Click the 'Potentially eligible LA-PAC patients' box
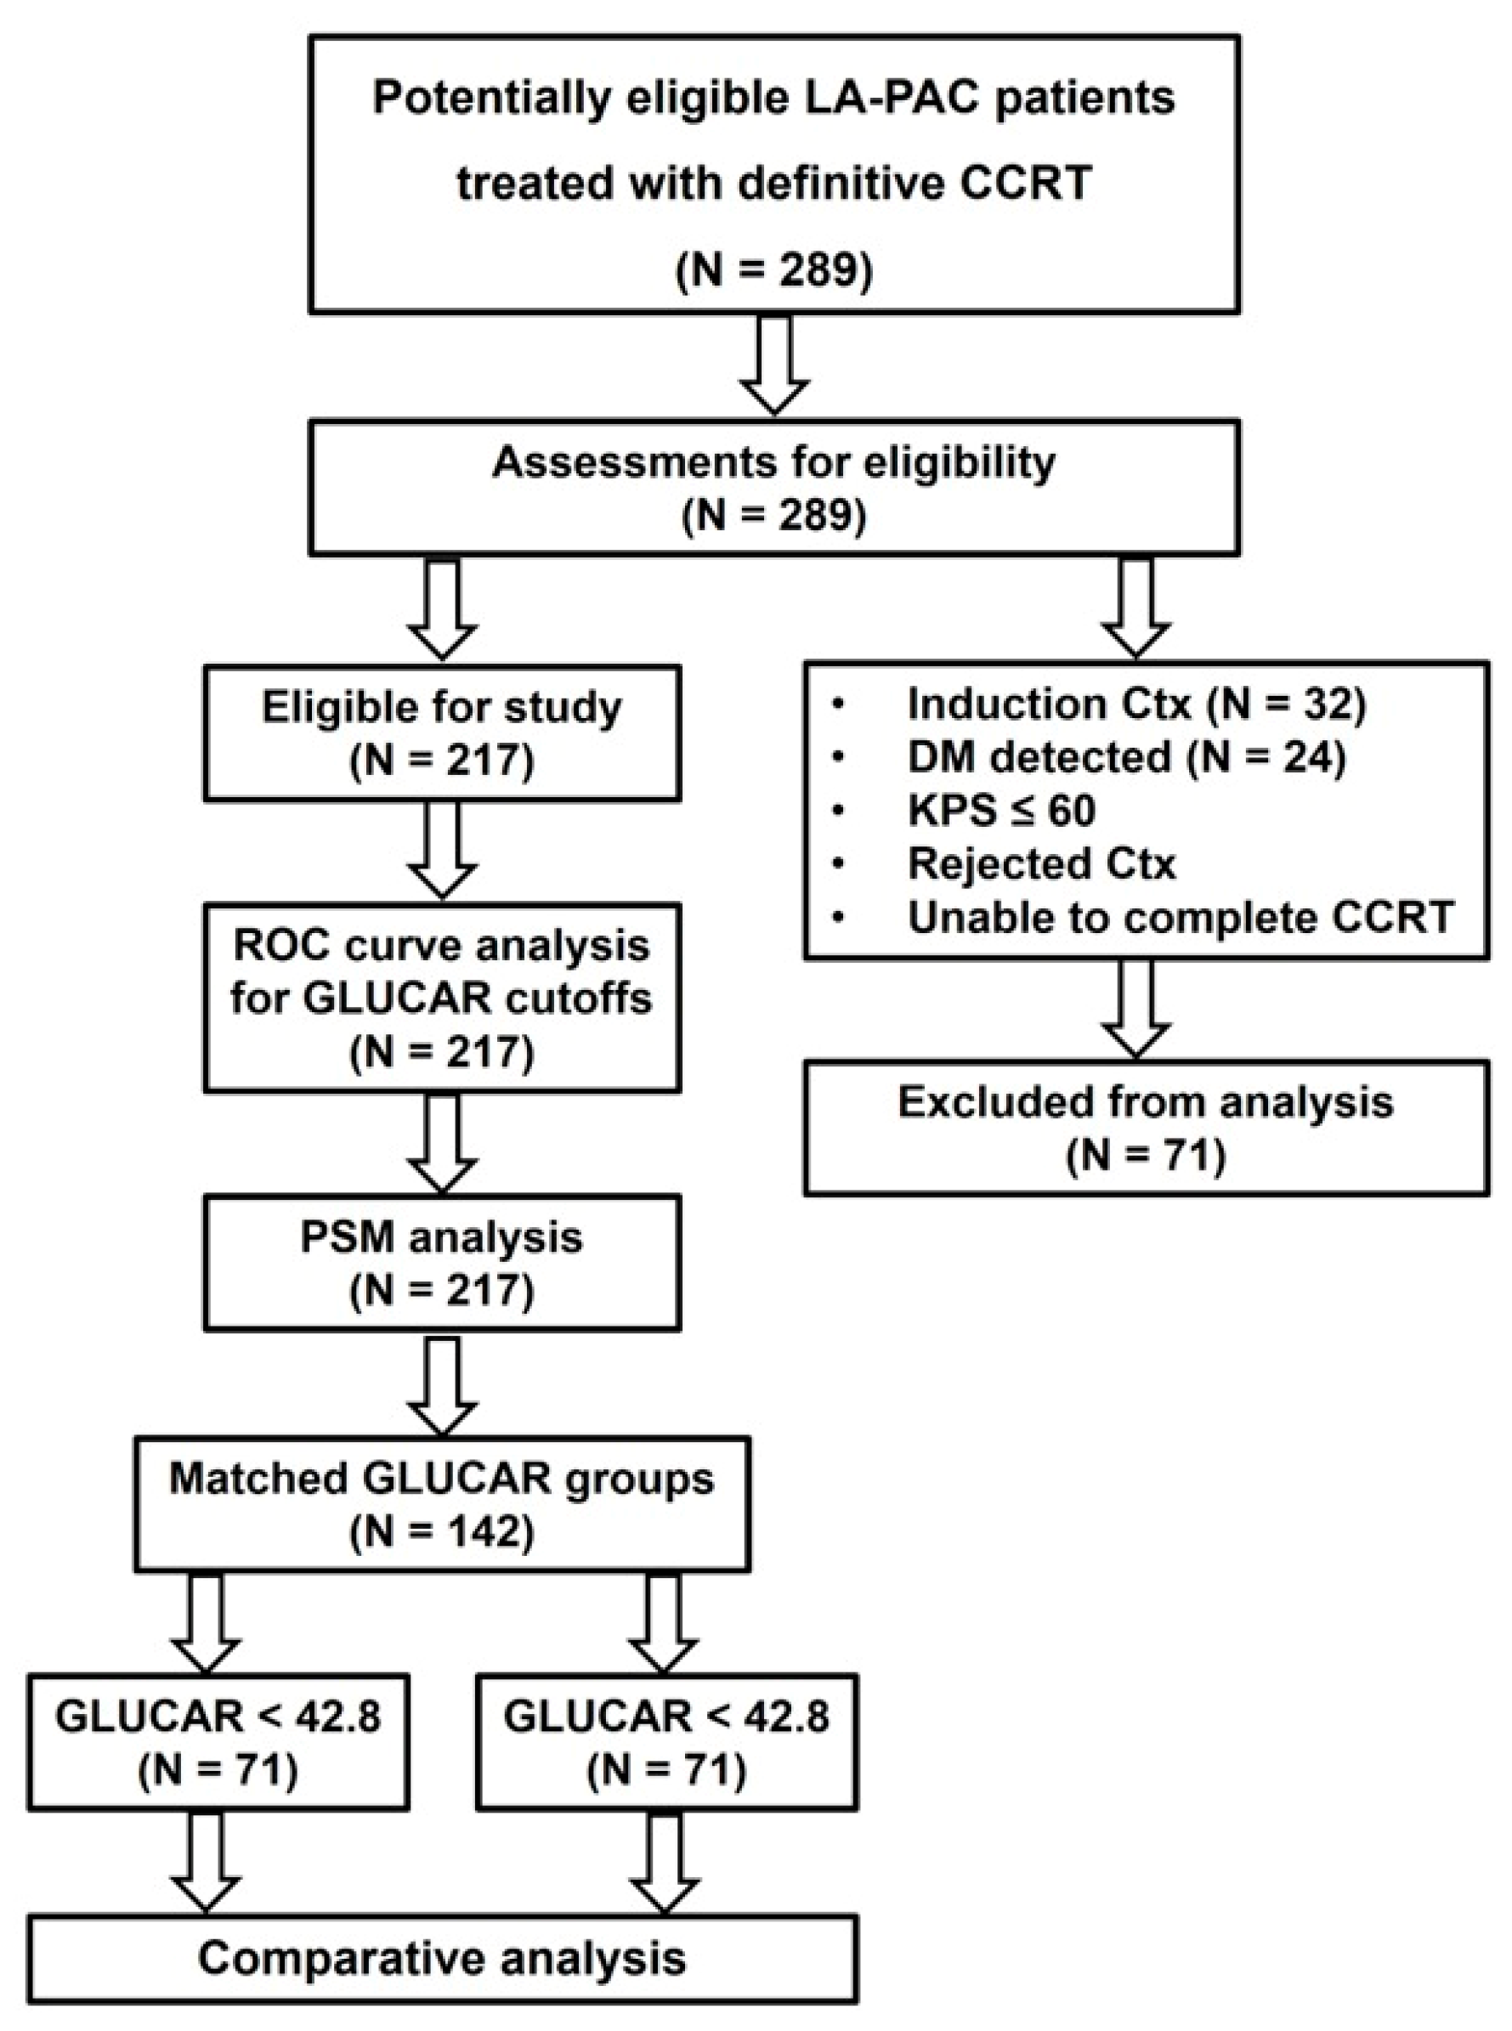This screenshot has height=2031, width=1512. [x=773, y=174]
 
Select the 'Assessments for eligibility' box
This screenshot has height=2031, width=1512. [x=773, y=487]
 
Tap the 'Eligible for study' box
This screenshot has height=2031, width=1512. [x=442, y=733]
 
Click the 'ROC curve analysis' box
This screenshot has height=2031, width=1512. [x=442, y=997]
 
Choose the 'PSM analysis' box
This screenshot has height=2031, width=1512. [x=442, y=1262]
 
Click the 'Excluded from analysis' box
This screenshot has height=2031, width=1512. [x=1146, y=1128]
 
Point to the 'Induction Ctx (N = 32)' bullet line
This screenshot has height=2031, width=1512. [x=1135, y=704]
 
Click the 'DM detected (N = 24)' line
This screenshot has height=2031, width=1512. [x=1126, y=756]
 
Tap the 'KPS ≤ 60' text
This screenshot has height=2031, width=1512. [x=1001, y=810]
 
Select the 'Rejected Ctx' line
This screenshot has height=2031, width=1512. [x=1041, y=863]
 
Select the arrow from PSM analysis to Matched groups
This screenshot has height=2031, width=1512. [x=442, y=1386]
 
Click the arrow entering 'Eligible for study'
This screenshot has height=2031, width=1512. [x=442, y=608]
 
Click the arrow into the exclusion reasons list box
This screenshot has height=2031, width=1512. [x=1135, y=608]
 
